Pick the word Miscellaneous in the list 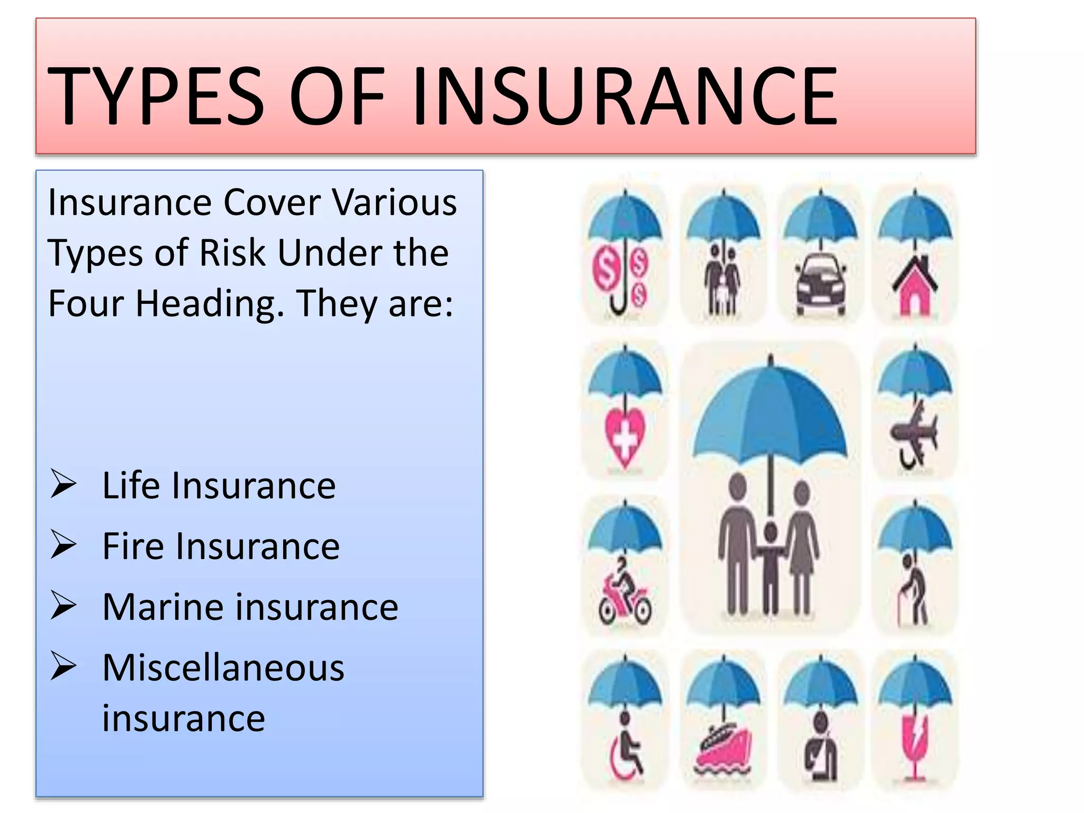pos(223,667)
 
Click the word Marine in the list pos(162,607)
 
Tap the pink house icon pos(915,288)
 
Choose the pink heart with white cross pos(625,439)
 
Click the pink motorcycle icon pos(625,595)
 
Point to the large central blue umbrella pos(770,418)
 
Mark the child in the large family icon pos(771,566)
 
